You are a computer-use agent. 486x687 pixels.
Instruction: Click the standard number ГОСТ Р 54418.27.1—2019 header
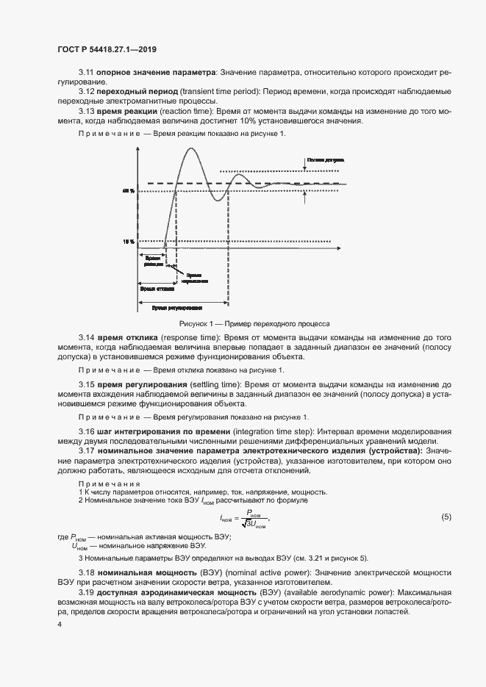108,49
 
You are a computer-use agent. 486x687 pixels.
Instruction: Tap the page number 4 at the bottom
60,624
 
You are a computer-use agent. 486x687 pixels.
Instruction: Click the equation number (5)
446,517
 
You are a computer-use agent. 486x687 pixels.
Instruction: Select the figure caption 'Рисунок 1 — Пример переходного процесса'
255,323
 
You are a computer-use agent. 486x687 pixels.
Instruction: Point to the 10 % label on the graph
129,240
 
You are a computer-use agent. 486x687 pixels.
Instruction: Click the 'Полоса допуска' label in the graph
321,158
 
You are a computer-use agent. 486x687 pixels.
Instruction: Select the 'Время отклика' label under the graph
156,289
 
